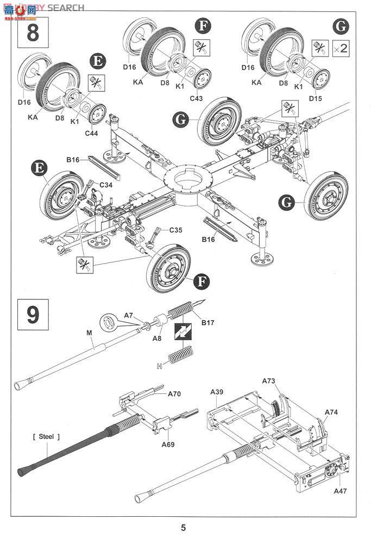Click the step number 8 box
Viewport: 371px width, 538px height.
tap(33, 33)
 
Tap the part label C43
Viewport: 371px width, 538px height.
tap(196, 98)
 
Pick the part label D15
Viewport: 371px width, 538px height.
tap(316, 98)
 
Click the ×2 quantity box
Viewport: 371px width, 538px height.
tap(341, 48)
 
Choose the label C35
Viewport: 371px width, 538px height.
tap(175, 230)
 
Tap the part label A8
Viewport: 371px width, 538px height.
tap(157, 338)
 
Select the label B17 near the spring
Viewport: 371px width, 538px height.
tap(207, 323)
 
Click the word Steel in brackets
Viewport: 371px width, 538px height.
tap(46, 436)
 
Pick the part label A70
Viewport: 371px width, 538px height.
tap(174, 394)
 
